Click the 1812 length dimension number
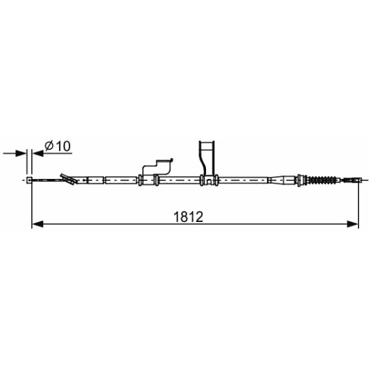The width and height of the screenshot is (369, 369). [x=188, y=216]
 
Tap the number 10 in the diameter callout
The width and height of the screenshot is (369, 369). [x=63, y=146]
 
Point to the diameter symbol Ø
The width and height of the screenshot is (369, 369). [x=49, y=146]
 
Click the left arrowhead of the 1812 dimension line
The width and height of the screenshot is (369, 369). [x=37, y=224]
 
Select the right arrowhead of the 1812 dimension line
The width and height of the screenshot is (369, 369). [x=352, y=224]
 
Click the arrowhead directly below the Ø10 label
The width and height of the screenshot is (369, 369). [x=38, y=154]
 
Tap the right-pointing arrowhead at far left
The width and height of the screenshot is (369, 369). [x=21, y=154]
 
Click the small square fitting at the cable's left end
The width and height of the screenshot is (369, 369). [x=29, y=180]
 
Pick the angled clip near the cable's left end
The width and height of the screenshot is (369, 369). [x=69, y=179]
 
